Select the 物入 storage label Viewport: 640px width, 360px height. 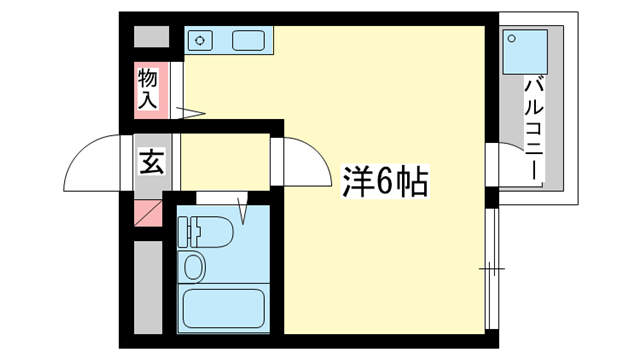point(148,88)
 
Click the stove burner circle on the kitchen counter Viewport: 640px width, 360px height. point(201,41)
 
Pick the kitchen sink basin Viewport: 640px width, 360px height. point(247,41)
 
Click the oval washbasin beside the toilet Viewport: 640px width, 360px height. point(194,267)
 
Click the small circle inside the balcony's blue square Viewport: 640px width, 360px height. point(514,39)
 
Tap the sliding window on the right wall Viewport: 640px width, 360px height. point(490,268)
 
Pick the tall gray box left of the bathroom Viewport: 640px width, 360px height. point(148,285)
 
